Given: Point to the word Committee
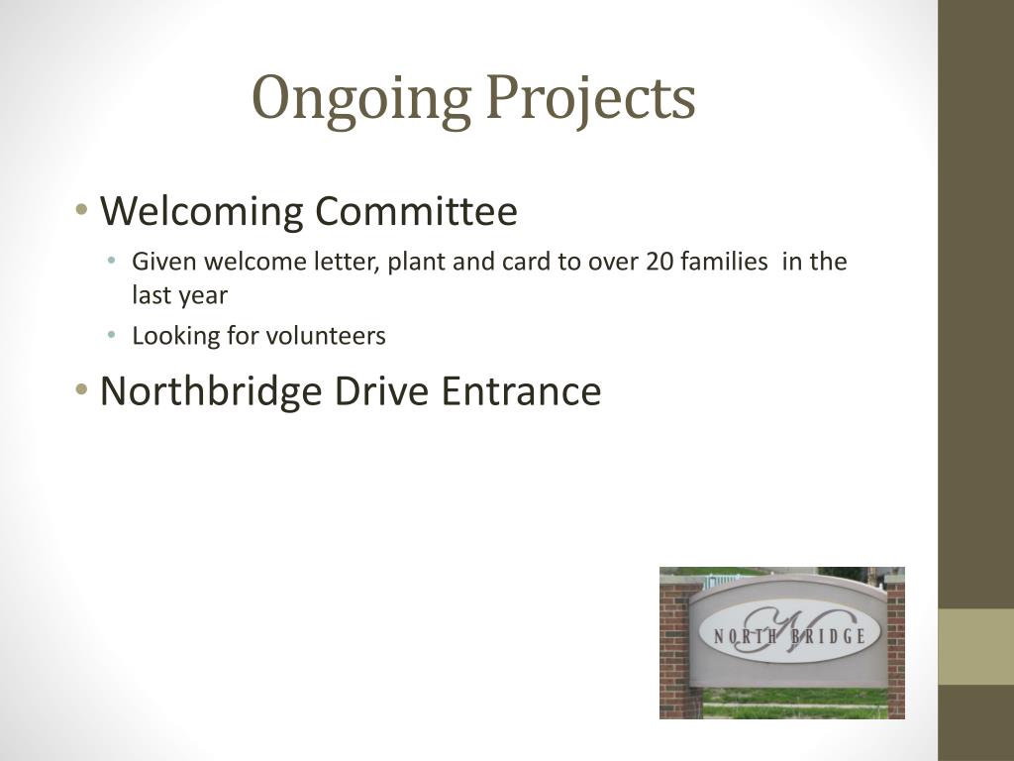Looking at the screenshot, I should coord(415,211).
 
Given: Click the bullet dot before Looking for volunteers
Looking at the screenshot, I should coord(114,336).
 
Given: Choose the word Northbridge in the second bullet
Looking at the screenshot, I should coord(211,390).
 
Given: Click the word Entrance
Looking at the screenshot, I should coord(521,390).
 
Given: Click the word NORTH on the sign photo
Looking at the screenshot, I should coord(744,636).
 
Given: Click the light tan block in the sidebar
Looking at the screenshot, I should coord(975,646).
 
